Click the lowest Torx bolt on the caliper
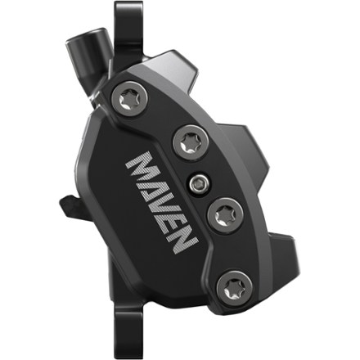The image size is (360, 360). tap(236, 286)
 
